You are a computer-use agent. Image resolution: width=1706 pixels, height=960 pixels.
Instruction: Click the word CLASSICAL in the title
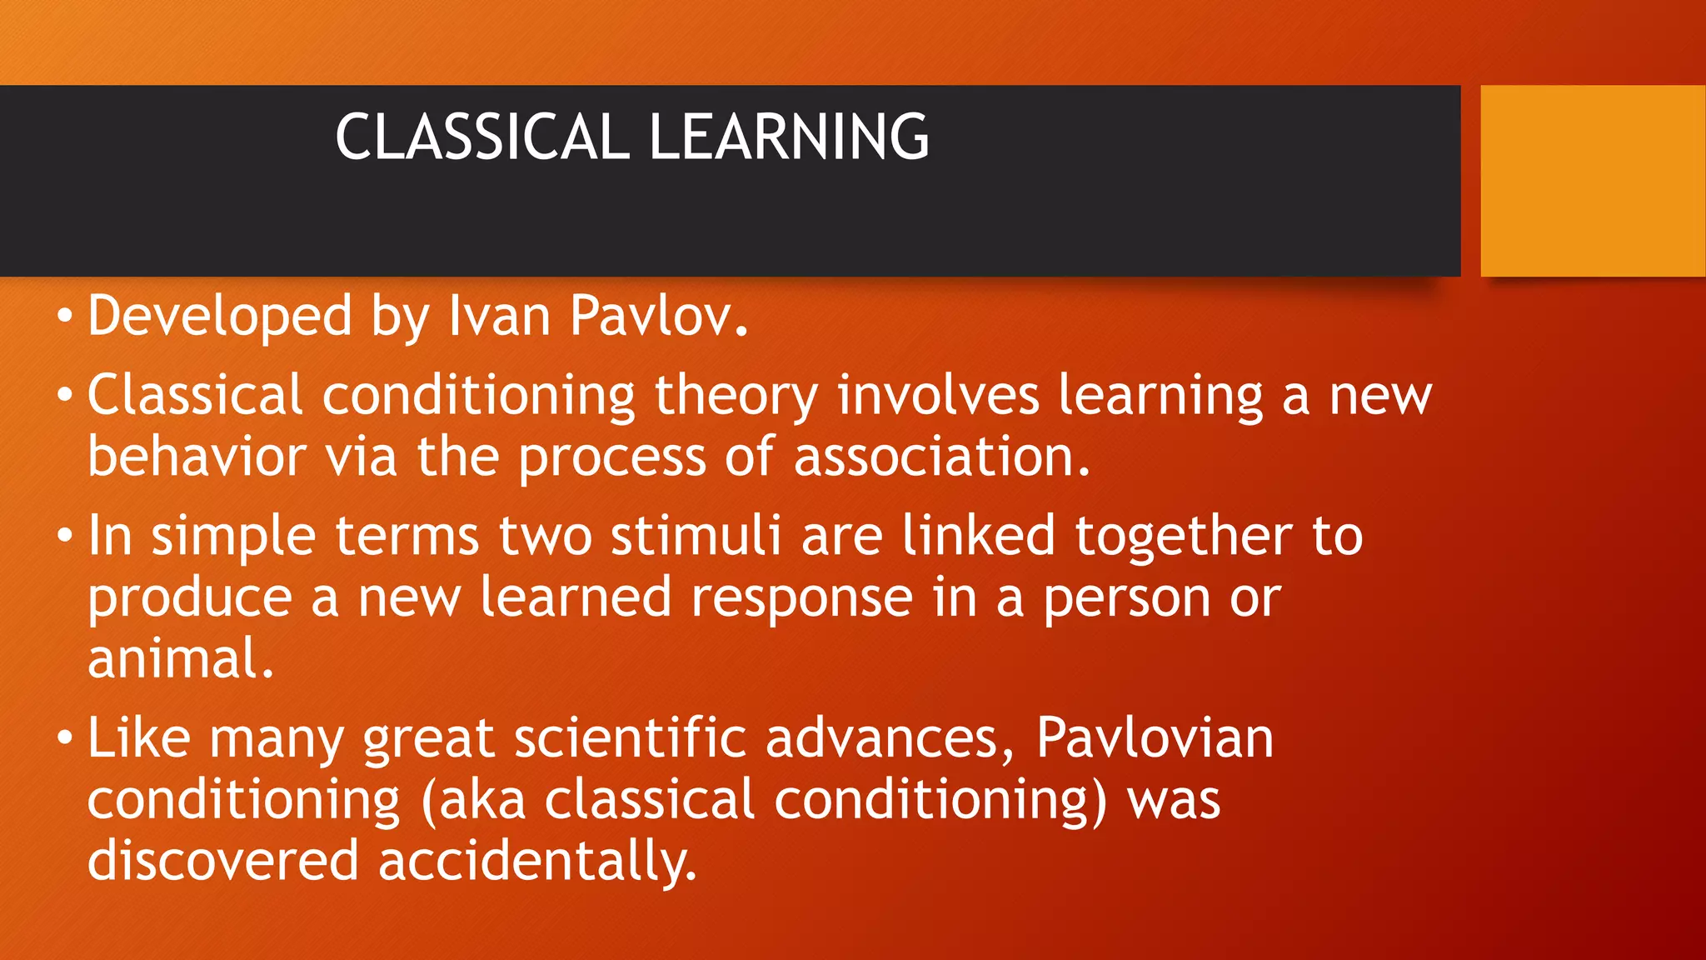pos(481,137)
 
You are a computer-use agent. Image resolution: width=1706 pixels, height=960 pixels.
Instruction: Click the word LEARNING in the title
pos(788,137)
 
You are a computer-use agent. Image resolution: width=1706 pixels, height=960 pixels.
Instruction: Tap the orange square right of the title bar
pos(1592,181)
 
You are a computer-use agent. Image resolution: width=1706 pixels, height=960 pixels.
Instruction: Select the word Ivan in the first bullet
pos(499,317)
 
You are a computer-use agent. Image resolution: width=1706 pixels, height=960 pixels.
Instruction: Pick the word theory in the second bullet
pos(736,397)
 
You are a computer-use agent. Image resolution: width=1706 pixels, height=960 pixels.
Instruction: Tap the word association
pos(940,458)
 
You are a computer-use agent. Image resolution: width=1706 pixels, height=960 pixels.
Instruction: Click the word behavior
pos(197,458)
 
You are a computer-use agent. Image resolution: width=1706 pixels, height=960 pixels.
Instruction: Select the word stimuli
pos(696,536)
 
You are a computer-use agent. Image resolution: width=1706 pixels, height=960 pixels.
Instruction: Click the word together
pos(1183,536)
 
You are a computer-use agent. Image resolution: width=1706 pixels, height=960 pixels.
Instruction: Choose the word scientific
pos(630,739)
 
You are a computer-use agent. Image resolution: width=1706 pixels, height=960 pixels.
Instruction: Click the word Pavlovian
pos(1155,739)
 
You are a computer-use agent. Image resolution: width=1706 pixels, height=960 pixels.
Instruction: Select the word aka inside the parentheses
pos(482,801)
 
